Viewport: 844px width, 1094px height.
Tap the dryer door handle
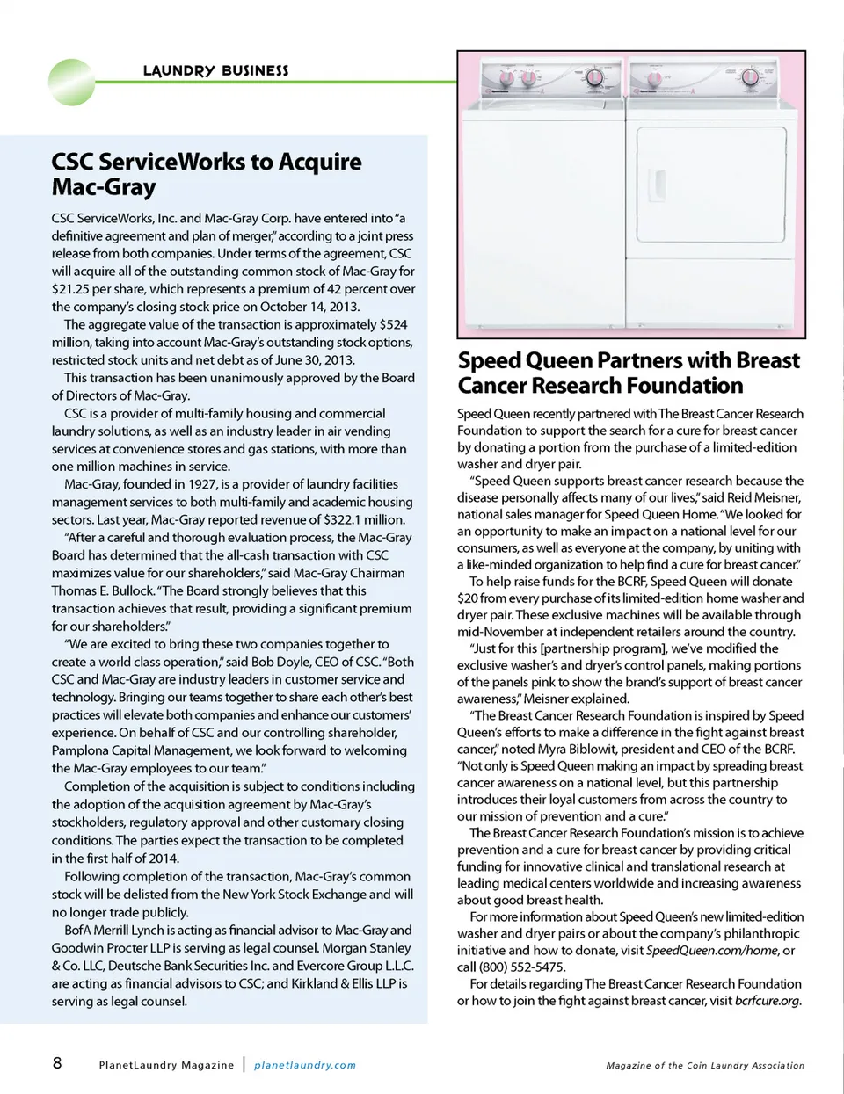(x=656, y=184)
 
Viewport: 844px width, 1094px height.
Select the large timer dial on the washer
(x=593, y=77)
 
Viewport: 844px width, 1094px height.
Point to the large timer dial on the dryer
(x=750, y=78)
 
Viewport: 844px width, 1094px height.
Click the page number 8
(x=57, y=1063)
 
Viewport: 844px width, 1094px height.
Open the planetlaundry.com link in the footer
(x=305, y=1065)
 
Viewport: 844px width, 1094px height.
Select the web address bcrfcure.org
(x=767, y=1000)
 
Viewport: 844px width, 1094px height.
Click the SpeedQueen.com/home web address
(x=711, y=950)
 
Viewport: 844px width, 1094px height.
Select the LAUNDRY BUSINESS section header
(x=215, y=70)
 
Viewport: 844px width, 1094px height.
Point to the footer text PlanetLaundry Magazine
(x=166, y=1065)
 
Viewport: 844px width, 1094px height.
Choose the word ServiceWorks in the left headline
(x=172, y=162)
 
